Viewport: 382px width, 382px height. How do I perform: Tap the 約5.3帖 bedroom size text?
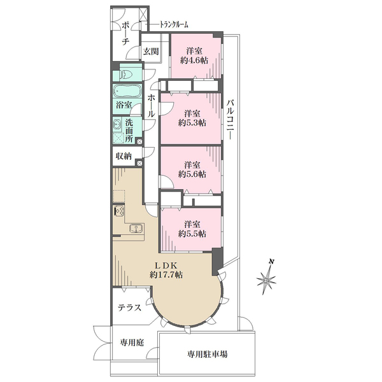tap(192, 123)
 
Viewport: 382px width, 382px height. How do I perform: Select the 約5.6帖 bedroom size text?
tap(192, 173)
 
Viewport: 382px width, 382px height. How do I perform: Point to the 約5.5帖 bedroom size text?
tap(192, 234)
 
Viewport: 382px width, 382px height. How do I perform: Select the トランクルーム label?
tap(169, 26)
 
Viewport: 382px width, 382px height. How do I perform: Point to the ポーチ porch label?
tap(125, 32)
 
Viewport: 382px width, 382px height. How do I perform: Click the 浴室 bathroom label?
tap(124, 105)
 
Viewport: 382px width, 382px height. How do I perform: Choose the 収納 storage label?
tap(124, 156)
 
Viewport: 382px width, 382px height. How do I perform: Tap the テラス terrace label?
tap(129, 308)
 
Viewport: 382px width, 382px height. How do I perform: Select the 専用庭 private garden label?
tap(132, 343)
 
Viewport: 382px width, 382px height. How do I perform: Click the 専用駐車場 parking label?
tap(208, 354)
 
